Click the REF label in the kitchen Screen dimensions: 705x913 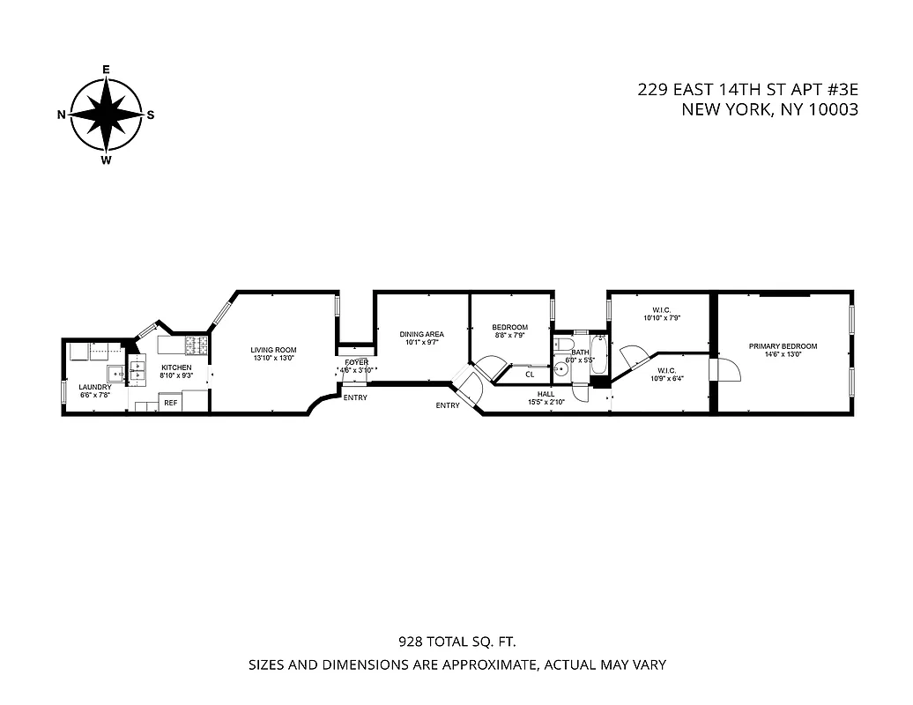[171, 403]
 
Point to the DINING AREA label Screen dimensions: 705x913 [421, 334]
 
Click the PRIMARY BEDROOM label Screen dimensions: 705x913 [783, 346]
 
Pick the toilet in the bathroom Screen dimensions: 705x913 [564, 345]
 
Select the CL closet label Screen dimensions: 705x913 [530, 374]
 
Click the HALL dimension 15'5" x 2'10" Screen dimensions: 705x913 [546, 402]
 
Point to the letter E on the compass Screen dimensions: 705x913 [106, 69]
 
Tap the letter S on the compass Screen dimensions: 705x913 [151, 115]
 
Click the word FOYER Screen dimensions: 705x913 [356, 362]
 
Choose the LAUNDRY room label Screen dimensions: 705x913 [94, 387]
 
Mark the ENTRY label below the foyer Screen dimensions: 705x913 [355, 397]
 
